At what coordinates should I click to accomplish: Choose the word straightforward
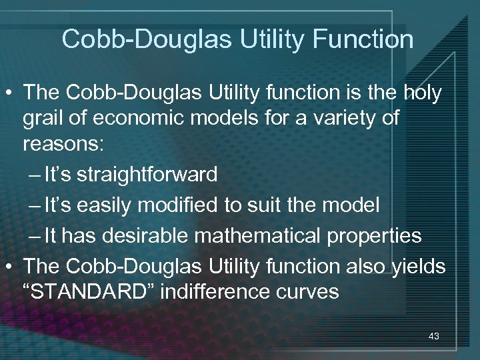coord(147,175)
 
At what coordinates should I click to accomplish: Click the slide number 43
coord(433,337)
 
